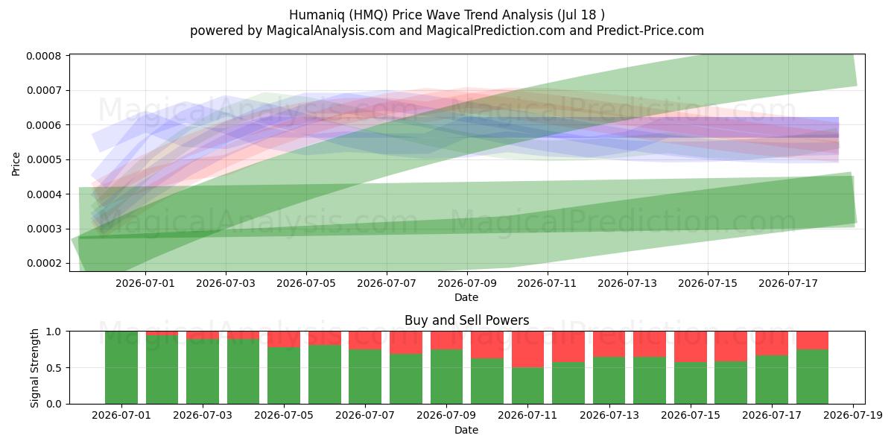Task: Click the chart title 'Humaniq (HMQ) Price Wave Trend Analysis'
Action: coord(421,15)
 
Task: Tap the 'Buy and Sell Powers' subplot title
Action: coord(466,320)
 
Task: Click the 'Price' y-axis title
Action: coord(16,164)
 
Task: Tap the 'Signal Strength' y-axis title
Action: coord(35,368)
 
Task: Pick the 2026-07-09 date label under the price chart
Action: coord(467,283)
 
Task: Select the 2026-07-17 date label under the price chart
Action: coord(788,283)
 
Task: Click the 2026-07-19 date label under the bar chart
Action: coord(853,416)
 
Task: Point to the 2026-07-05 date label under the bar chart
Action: coord(284,416)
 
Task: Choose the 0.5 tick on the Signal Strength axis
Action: coord(55,367)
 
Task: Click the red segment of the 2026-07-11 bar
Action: coord(527,349)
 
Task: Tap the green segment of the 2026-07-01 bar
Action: coord(121,367)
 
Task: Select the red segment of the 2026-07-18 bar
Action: coord(812,340)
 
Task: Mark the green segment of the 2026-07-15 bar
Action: coord(691,383)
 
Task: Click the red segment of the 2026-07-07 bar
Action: coord(365,340)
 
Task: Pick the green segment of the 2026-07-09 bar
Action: coord(446,377)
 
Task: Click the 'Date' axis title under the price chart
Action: coord(466,297)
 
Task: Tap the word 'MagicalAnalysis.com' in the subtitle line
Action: coord(331,31)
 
